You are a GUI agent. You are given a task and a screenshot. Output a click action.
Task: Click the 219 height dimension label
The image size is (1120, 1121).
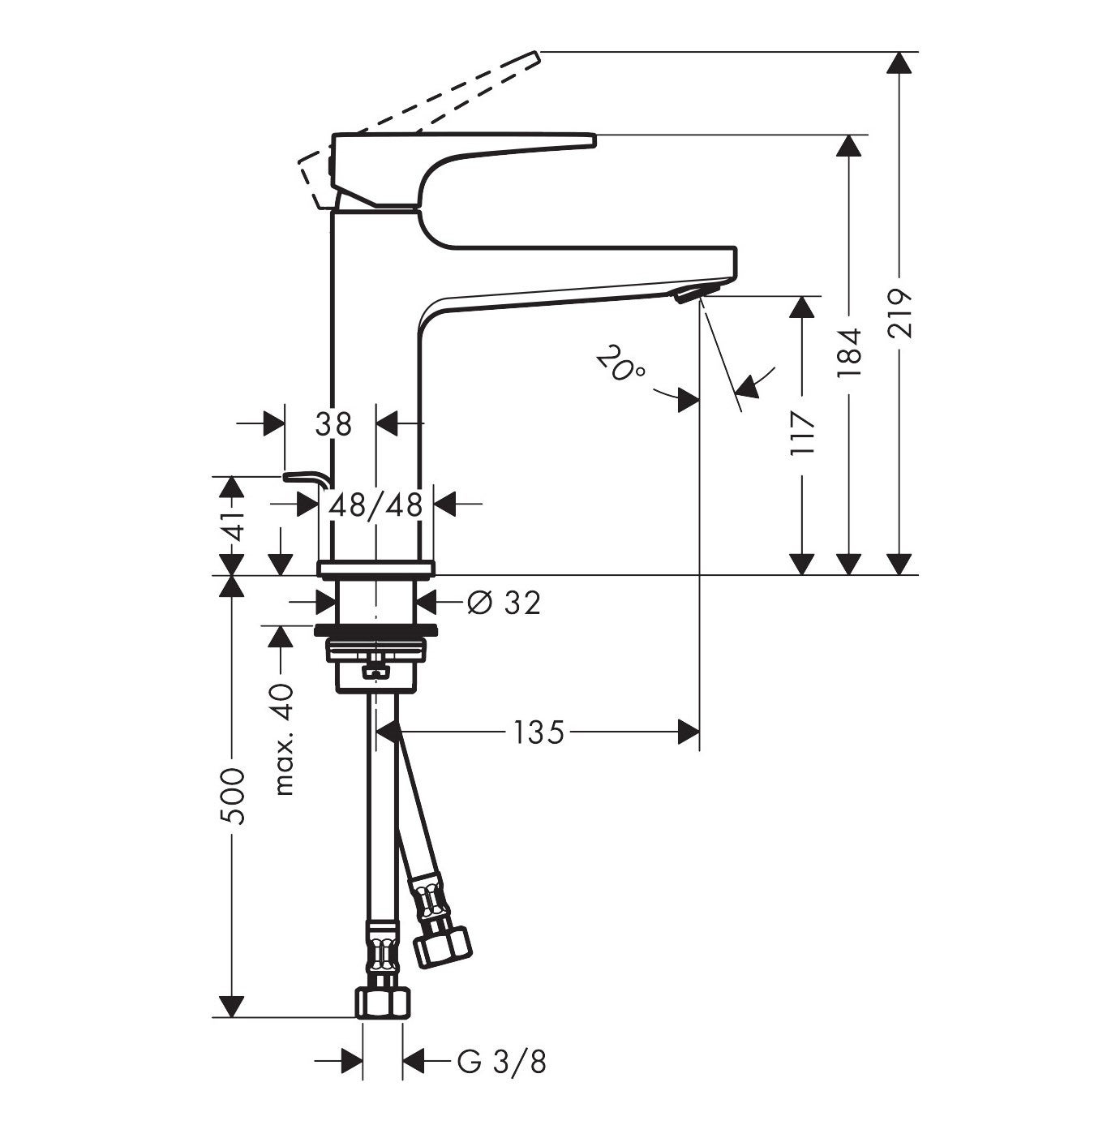pos(899,313)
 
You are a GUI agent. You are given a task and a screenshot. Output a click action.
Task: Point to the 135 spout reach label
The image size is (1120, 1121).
pos(538,732)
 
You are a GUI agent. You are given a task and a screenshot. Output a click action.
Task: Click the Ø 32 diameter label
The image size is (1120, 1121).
pos(504,603)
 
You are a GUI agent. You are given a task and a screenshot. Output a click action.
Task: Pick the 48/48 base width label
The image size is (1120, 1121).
pos(375,505)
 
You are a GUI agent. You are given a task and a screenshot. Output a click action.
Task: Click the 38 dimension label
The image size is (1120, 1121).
pos(333,423)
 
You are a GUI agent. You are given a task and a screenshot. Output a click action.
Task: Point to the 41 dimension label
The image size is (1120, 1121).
pos(233,526)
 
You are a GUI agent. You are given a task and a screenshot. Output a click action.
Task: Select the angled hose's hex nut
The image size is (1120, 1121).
pos(442,943)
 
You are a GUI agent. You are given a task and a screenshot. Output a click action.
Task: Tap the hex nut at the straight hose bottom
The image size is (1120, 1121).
pos(381,1003)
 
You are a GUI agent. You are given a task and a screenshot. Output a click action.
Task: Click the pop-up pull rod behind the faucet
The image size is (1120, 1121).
pos(306,479)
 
